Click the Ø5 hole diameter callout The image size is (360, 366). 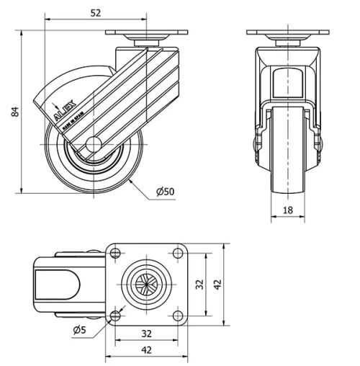pos(81,330)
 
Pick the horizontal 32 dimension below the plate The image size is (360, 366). pos(145,334)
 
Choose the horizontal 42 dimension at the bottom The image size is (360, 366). pos(145,351)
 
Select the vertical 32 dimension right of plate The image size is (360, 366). pos(201,285)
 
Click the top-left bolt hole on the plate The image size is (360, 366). pos(115,253)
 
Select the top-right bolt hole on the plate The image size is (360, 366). pos(176,253)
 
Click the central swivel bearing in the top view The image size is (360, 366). pos(145,284)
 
